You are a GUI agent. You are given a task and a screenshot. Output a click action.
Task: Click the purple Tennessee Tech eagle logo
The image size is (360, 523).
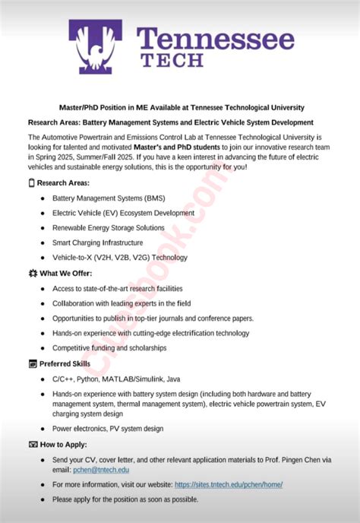point(98,48)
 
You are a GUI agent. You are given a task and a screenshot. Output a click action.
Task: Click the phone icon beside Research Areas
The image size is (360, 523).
point(31,183)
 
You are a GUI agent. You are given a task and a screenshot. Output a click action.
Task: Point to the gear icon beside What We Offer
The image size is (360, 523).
point(31,273)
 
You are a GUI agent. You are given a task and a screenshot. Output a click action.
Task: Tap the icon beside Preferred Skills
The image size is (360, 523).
point(31,364)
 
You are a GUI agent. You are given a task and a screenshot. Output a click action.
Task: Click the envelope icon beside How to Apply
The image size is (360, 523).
point(31,444)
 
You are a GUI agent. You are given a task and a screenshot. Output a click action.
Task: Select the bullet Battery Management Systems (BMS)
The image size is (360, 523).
point(109,198)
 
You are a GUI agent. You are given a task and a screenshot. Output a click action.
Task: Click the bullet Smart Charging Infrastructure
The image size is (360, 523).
point(97,243)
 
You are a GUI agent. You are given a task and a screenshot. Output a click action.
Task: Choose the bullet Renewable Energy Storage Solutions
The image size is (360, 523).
point(109,228)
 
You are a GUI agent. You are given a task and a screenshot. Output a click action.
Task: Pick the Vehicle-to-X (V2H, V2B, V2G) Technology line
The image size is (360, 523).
point(120,258)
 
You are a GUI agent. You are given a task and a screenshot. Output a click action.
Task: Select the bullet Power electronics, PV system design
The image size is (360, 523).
point(108,429)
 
